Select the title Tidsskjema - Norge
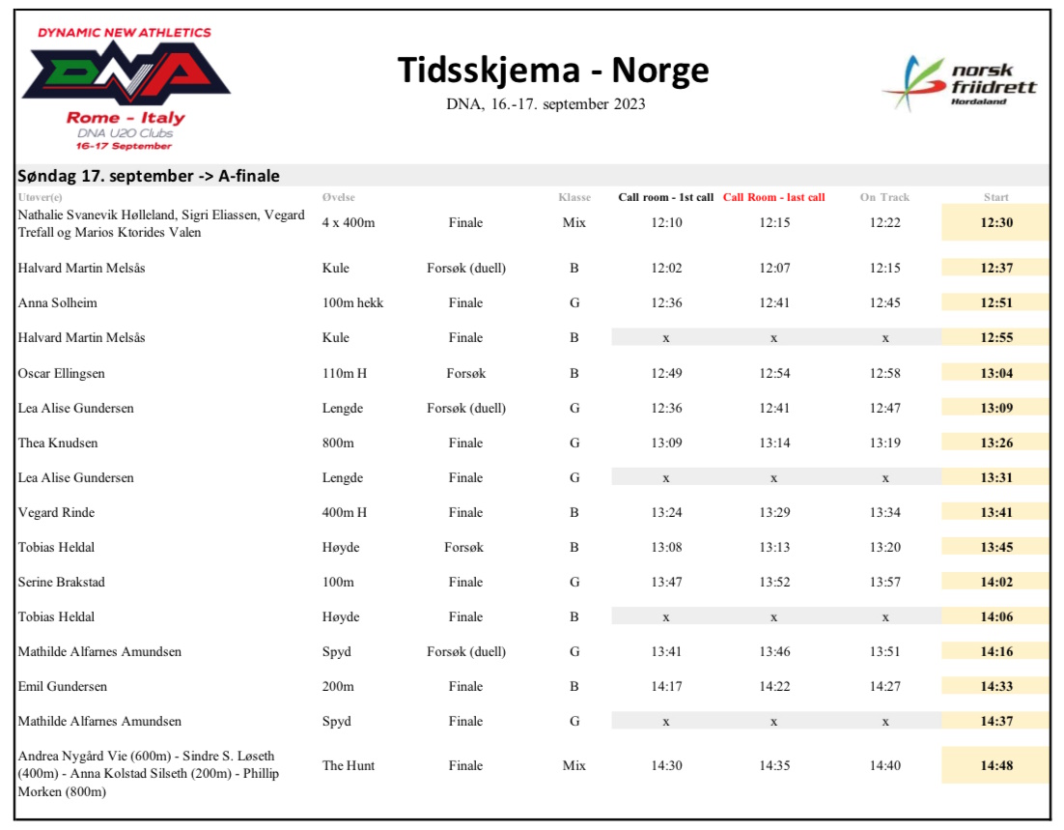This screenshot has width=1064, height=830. [x=553, y=71]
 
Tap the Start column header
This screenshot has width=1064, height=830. [x=995, y=198]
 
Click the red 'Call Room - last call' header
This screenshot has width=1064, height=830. [x=773, y=198]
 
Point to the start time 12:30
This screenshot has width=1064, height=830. [x=995, y=222]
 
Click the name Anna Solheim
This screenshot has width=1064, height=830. [x=58, y=303]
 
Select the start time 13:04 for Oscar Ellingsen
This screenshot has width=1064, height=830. [x=995, y=373]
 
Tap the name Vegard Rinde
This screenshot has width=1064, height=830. [x=56, y=512]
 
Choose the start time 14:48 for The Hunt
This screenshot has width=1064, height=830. [x=995, y=765]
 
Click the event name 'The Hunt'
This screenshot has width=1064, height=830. [x=349, y=765]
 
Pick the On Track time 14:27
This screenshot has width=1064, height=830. [x=884, y=686]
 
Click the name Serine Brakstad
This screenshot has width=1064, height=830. [x=61, y=582]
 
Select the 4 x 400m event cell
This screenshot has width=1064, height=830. [x=349, y=222]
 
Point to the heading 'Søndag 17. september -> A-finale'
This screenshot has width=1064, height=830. [x=150, y=176]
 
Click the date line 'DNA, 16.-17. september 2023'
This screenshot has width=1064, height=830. [x=546, y=104]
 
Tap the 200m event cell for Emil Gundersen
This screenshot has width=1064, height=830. [x=338, y=686]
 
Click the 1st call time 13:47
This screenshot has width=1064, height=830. [x=666, y=582]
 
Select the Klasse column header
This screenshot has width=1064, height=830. [x=574, y=198]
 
